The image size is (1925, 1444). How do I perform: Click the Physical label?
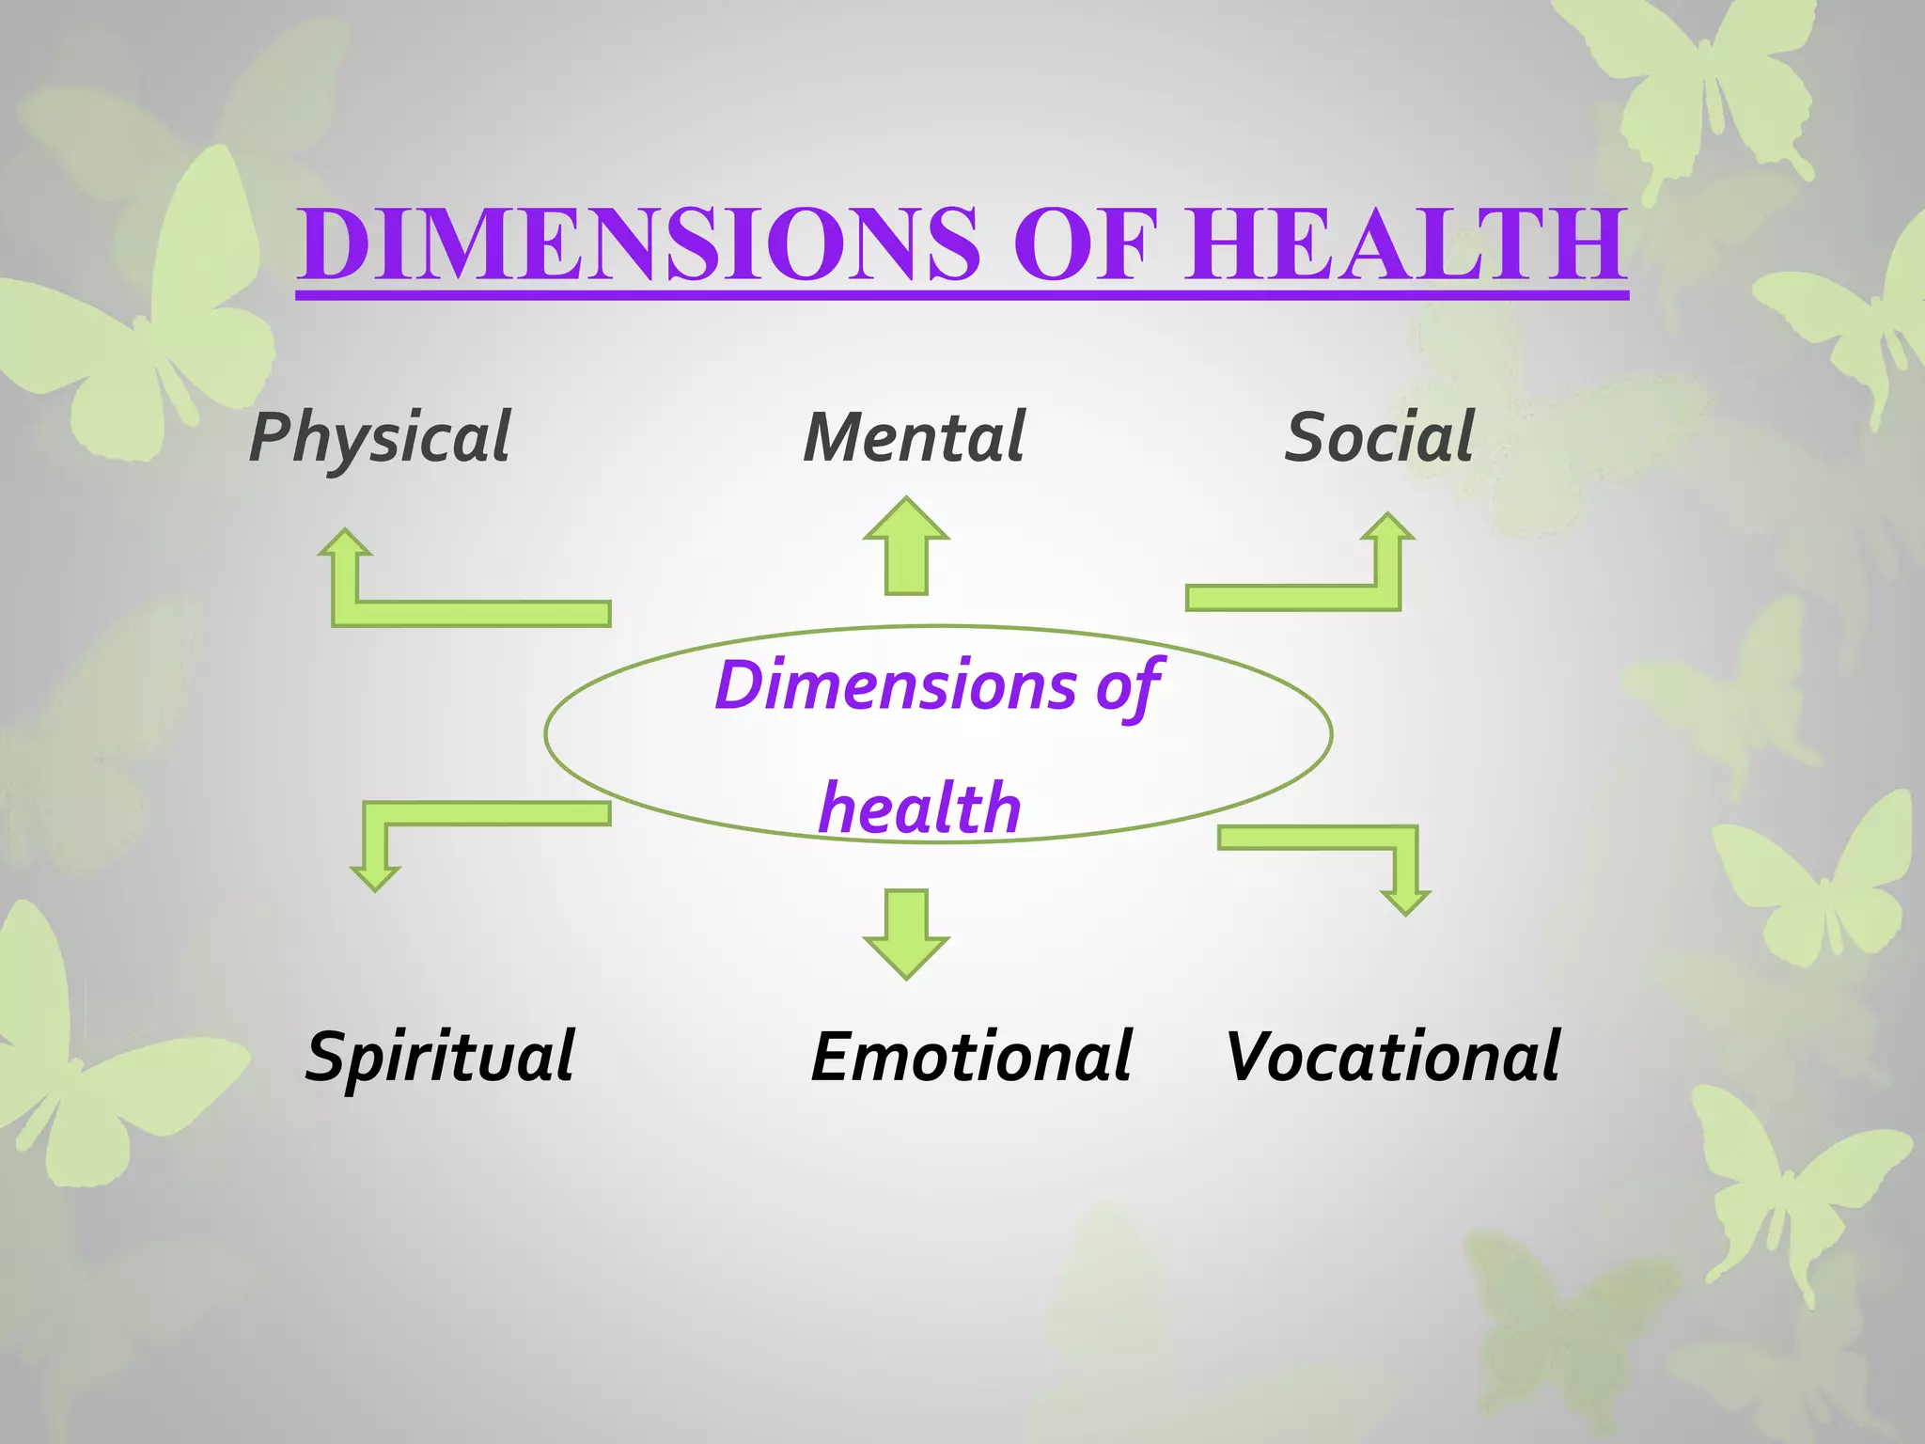pyautogui.click(x=380, y=438)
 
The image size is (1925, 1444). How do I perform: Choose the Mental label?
pyautogui.click(x=914, y=438)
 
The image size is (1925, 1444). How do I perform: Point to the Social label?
pyautogui.click(x=1379, y=438)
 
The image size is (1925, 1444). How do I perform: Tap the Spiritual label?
pyautogui.click(x=440, y=1057)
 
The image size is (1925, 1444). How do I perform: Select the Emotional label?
pyautogui.click(x=971, y=1057)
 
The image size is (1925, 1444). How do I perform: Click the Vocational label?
pyautogui.click(x=1392, y=1057)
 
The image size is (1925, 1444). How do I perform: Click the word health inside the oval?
pyautogui.click(x=919, y=808)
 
